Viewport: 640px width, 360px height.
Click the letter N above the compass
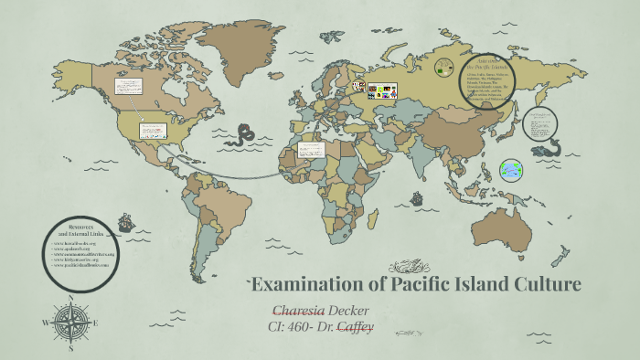coord(70,297)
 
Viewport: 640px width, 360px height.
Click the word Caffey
coord(357,325)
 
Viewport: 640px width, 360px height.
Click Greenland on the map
coord(226,41)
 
